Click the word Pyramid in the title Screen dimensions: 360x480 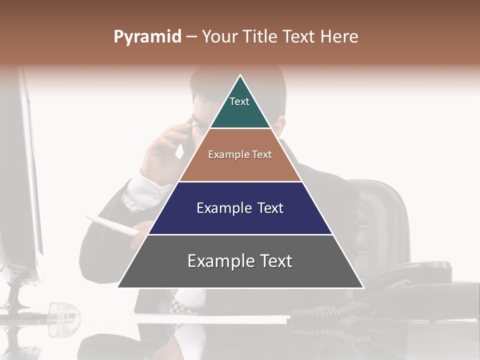coord(147,37)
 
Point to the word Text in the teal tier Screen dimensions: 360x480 coord(239,101)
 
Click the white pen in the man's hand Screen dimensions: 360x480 coord(112,225)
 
